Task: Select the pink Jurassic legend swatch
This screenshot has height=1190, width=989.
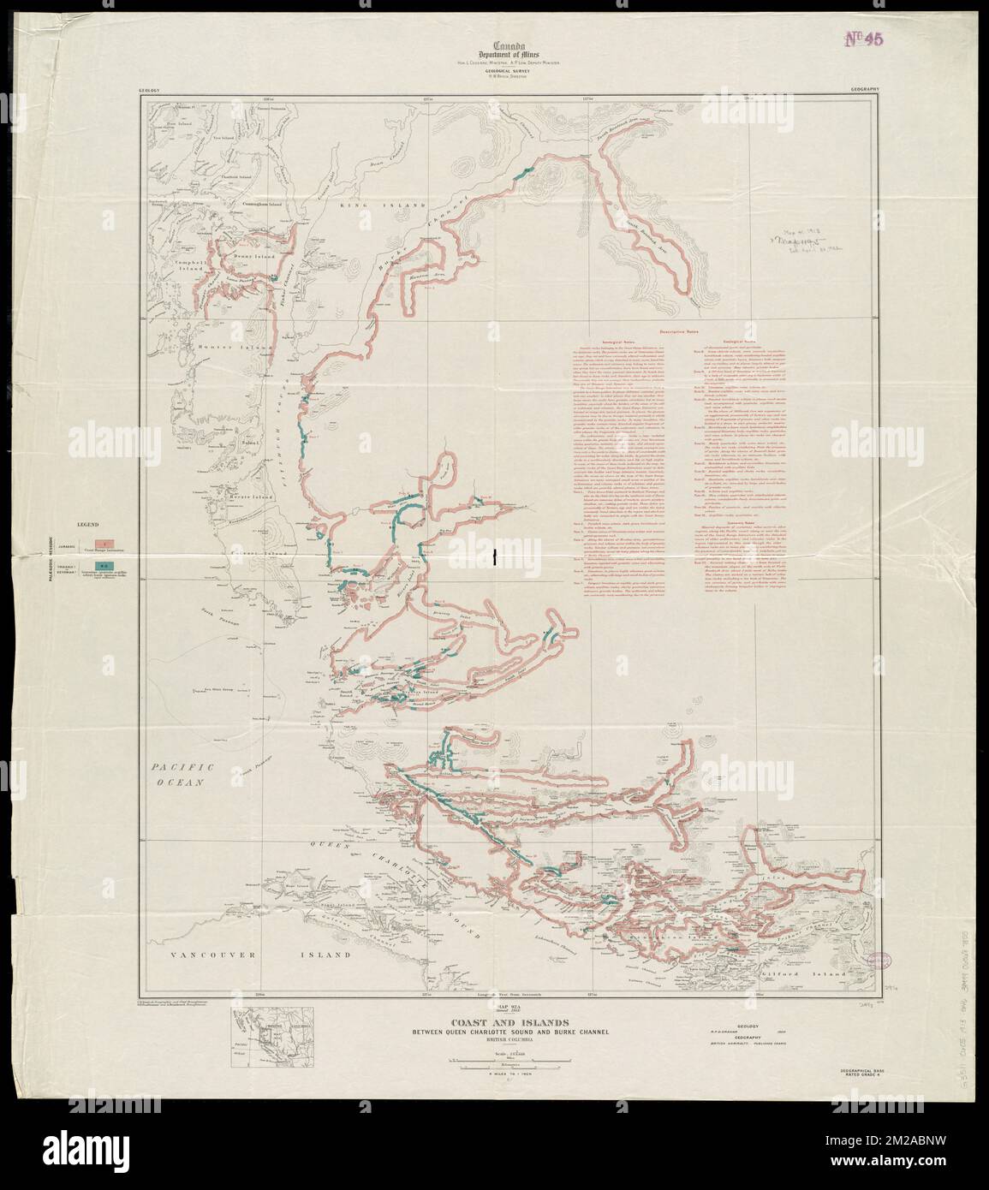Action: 102,544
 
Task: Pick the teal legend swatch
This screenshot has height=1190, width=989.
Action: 102,566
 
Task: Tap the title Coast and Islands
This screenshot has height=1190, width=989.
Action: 493,1021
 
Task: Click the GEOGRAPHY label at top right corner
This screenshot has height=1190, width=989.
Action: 869,89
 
